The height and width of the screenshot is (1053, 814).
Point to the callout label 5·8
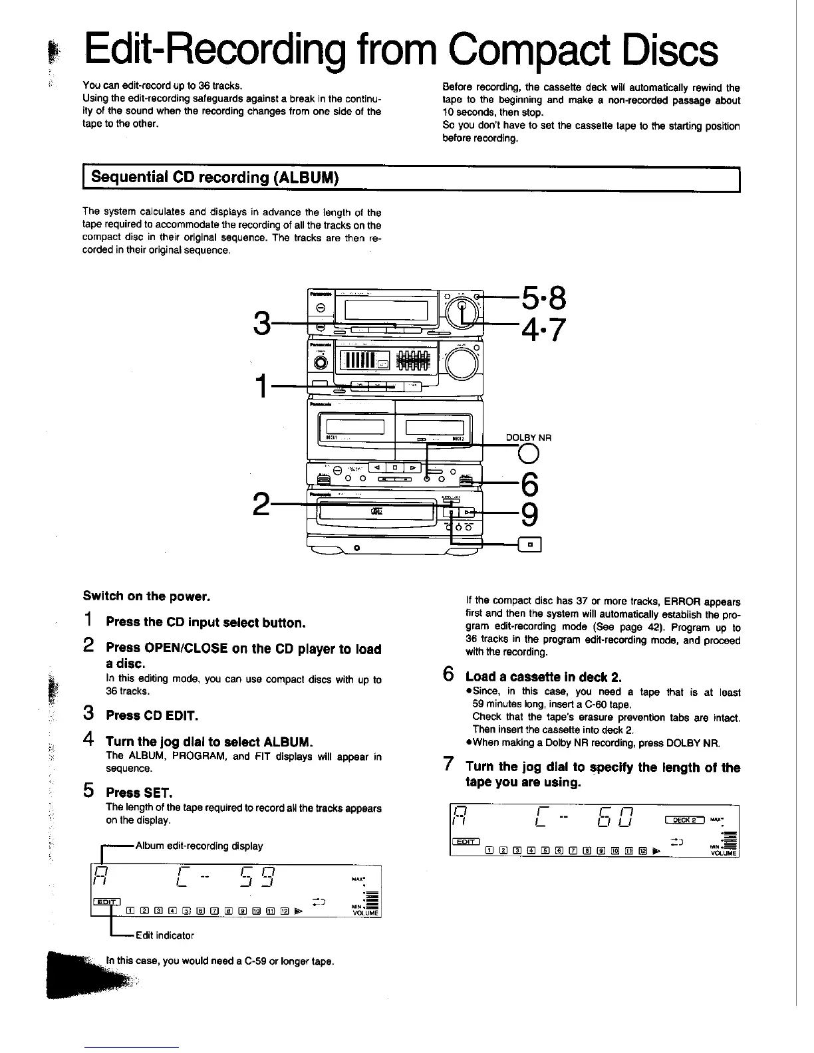pyautogui.click(x=543, y=298)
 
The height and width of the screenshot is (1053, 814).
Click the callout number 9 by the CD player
pyautogui.click(x=530, y=514)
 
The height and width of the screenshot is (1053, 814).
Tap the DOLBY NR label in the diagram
pyautogui.click(x=529, y=437)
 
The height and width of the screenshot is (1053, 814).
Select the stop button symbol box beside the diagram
pyautogui.click(x=530, y=545)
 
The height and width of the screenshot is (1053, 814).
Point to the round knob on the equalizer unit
pyautogui.click(x=462, y=363)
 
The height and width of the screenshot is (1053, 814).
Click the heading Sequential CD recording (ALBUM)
pyautogui.click(x=215, y=177)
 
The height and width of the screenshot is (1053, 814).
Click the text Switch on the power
pyautogui.click(x=146, y=596)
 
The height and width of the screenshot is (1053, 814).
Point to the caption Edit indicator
pyautogui.click(x=165, y=935)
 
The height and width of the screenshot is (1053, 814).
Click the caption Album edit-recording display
pyautogui.click(x=199, y=846)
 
